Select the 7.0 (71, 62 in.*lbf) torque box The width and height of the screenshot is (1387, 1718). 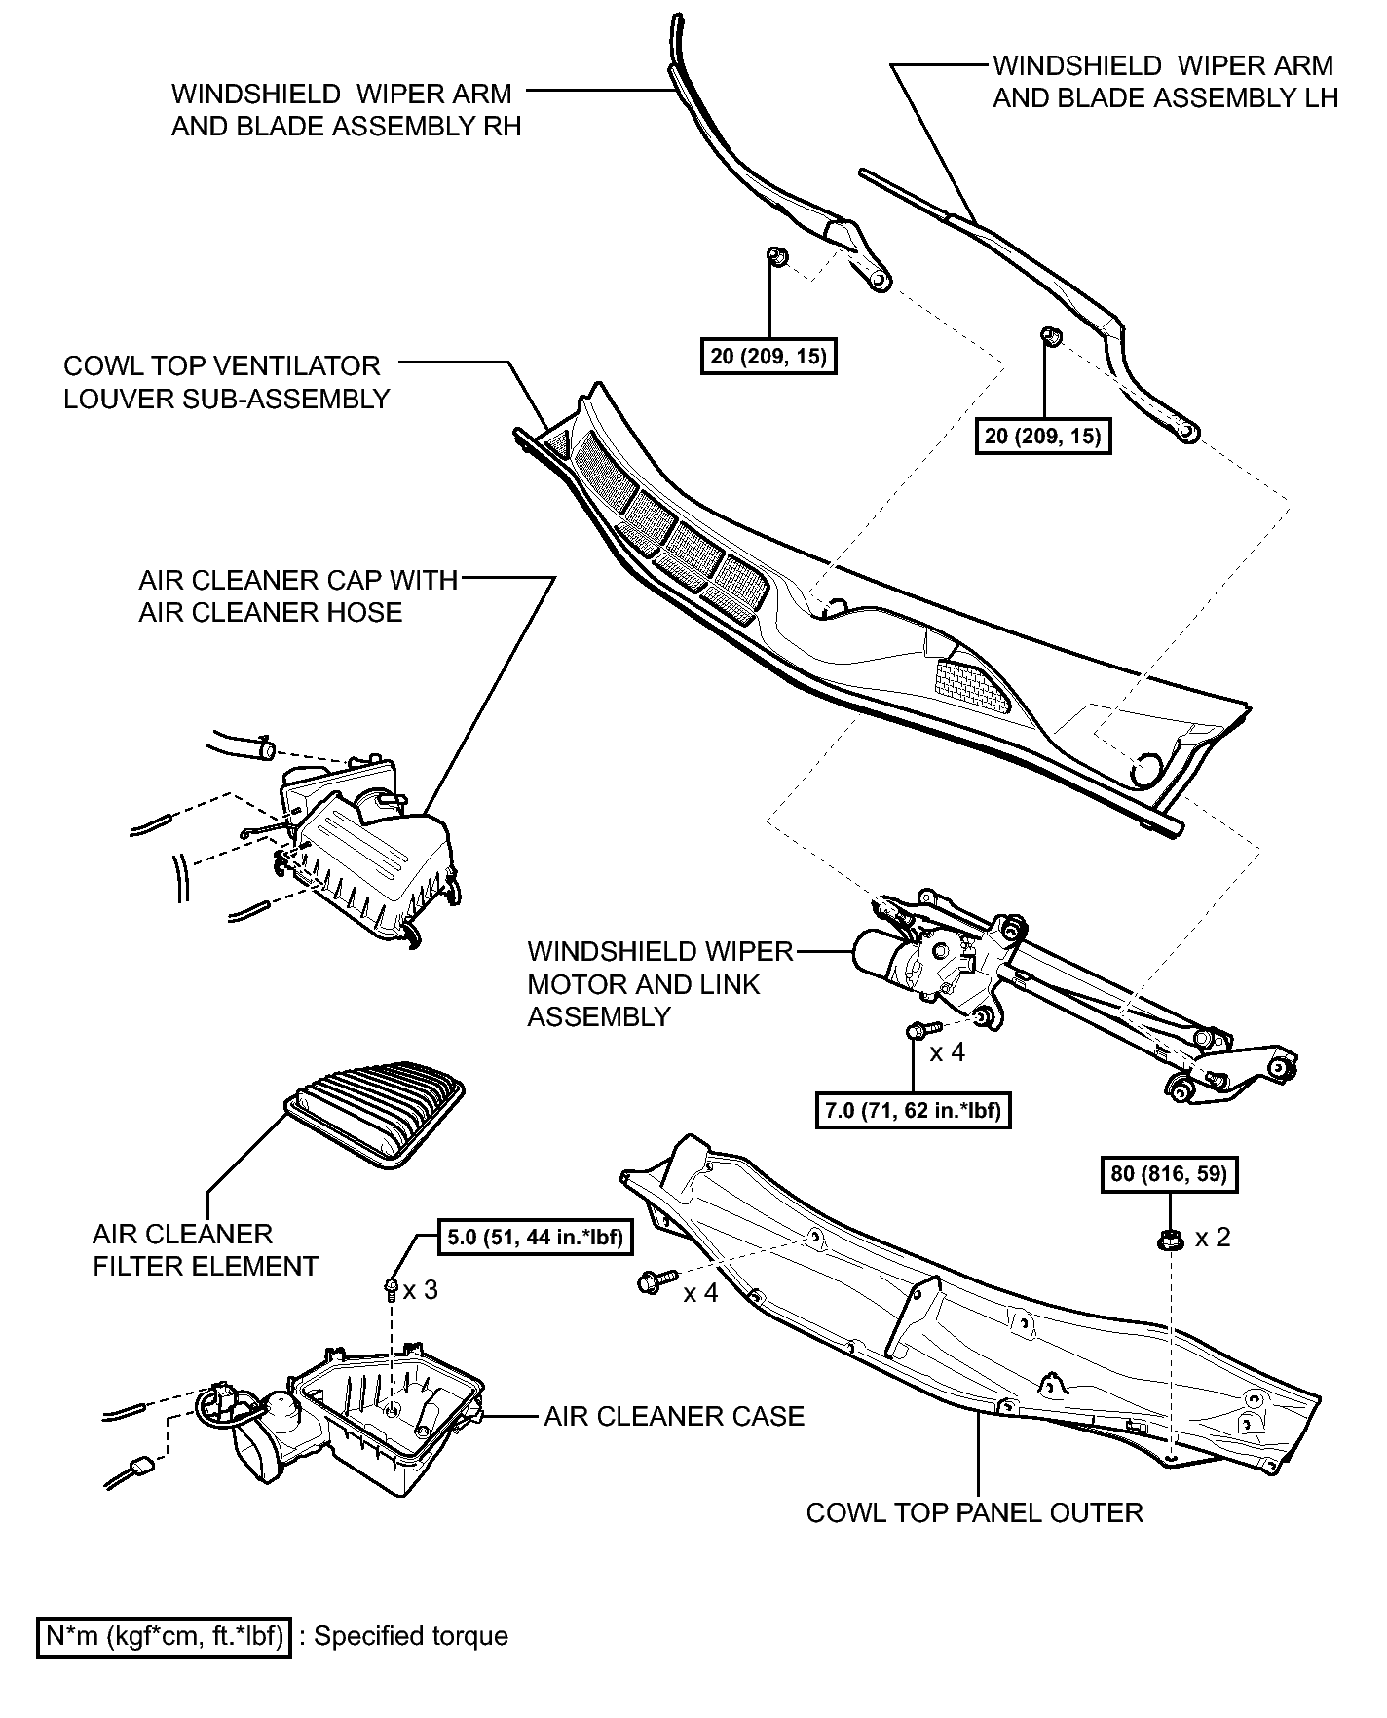[x=913, y=1109]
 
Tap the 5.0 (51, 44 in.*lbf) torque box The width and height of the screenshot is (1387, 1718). [x=534, y=1238]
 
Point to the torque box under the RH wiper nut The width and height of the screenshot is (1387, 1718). [x=768, y=356]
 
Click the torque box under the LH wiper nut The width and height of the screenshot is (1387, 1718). [x=1042, y=435]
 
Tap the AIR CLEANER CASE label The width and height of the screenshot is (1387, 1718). [x=674, y=1416]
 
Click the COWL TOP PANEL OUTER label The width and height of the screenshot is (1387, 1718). [x=974, y=1512]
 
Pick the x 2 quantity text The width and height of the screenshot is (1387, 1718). [x=1213, y=1237]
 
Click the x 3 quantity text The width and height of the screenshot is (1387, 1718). [x=421, y=1289]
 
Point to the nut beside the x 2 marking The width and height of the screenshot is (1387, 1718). [x=1169, y=1240]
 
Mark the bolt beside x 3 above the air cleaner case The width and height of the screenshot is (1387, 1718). [x=390, y=1289]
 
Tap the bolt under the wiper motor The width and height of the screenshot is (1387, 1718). [x=922, y=1029]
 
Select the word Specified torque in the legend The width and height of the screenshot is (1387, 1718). [x=410, y=1635]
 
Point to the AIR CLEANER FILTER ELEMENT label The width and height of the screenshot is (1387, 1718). [x=206, y=1250]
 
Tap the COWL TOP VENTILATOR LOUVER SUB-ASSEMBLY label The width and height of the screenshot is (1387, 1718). [x=227, y=382]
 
